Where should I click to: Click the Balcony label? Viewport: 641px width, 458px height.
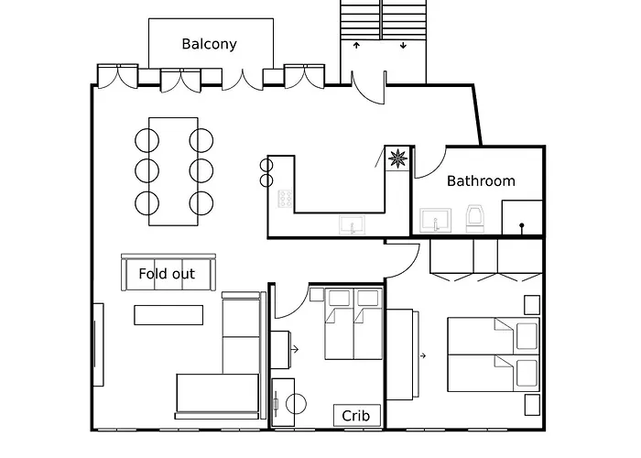(x=209, y=44)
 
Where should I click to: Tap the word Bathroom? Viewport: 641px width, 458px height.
(x=481, y=181)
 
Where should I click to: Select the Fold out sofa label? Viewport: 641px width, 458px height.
(x=167, y=274)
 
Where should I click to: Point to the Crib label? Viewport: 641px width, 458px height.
(x=356, y=416)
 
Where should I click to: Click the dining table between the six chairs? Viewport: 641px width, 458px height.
(x=174, y=170)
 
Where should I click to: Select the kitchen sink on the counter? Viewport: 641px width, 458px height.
(x=351, y=224)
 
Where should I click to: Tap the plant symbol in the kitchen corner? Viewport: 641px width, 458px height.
(x=397, y=158)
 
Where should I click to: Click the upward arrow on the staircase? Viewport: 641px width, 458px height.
(x=357, y=45)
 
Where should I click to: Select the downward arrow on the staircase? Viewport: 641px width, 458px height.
(x=404, y=45)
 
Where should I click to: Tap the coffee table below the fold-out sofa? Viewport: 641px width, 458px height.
(x=168, y=314)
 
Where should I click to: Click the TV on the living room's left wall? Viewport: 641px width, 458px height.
(x=97, y=344)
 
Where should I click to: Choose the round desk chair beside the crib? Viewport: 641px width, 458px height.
(x=298, y=403)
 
